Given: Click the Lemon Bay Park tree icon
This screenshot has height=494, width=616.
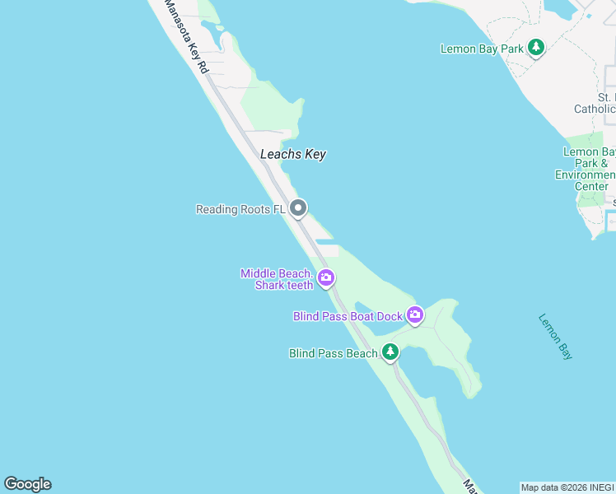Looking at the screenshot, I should point(536,48).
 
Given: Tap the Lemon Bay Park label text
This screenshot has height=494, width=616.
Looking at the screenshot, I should point(482,49).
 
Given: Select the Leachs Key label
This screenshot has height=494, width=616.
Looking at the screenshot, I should point(293,154).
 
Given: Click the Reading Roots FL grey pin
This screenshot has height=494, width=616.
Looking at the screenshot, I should point(299,208).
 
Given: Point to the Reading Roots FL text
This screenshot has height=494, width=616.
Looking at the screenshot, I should point(240,210).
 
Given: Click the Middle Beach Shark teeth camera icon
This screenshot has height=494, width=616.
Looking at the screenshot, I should point(326,278).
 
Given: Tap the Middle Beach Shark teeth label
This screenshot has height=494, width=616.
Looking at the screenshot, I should point(277,279).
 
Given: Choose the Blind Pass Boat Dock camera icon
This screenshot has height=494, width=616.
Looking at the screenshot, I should point(415,315).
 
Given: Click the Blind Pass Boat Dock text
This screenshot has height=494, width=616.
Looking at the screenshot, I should point(348,316).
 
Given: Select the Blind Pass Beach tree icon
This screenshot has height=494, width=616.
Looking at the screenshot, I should point(390,353).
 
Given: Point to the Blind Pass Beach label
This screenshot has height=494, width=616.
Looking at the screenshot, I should point(334,354).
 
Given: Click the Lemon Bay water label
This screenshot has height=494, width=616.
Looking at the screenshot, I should point(555,336).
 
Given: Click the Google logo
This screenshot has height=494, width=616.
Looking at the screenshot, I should point(27,484).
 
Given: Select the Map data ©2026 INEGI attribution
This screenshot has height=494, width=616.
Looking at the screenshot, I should point(567,487).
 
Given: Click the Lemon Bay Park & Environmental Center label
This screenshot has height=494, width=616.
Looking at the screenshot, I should point(590,169).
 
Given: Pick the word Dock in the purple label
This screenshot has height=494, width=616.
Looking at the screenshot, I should point(390,316).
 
